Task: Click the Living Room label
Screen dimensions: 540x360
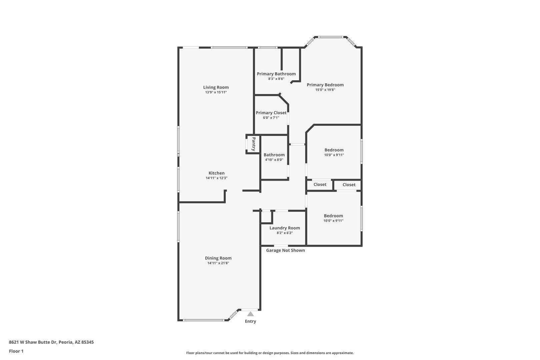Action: [216, 87]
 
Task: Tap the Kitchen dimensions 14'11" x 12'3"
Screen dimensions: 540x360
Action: [216, 178]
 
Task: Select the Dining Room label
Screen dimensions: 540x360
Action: [218, 258]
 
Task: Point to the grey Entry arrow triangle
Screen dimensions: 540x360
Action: [250, 314]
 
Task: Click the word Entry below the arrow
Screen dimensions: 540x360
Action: [250, 321]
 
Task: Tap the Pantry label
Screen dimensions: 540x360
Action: [254, 144]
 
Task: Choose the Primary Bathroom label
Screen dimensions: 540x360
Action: [276, 74]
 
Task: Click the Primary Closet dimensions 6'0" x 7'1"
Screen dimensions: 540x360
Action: [271, 118]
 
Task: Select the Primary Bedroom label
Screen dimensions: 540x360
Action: [325, 85]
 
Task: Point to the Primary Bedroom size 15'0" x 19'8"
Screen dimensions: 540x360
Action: [325, 90]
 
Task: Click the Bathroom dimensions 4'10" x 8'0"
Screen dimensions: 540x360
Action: [274, 160]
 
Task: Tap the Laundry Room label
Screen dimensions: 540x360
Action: [285, 228]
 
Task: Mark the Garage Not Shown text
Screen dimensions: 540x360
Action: [285, 250]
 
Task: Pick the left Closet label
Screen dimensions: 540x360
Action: [320, 184]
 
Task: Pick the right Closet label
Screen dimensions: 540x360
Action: [349, 185]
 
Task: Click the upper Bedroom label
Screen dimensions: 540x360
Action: [334, 150]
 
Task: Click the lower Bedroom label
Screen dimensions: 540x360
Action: [333, 216]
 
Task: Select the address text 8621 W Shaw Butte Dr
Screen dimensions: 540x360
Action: [33, 342]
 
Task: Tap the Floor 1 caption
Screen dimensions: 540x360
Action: [16, 351]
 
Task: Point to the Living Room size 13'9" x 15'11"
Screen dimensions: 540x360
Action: [216, 92]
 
